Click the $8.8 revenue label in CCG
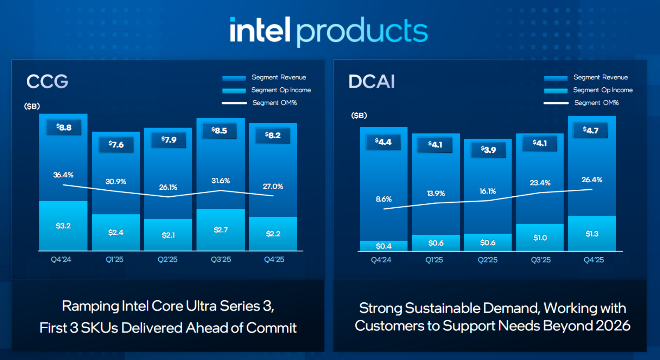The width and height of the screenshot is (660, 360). click(64, 127)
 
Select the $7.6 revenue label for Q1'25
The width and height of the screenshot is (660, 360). click(116, 144)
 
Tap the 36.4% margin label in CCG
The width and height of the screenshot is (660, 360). click(63, 175)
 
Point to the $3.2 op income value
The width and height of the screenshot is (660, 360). click(63, 226)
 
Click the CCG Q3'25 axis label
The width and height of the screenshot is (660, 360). click(221, 260)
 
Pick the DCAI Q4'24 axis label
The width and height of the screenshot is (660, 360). click(381, 260)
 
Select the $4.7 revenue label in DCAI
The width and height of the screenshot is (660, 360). click(591, 130)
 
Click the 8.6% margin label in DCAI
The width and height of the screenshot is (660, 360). click(383, 199)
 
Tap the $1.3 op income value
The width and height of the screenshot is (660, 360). click(592, 234)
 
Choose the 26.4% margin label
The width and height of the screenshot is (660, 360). click(592, 180)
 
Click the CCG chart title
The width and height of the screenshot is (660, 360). click(47, 82)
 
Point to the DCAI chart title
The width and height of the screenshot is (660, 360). click(372, 82)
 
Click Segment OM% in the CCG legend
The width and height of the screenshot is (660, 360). click(274, 103)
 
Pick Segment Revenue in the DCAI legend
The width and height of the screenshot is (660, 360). click(601, 77)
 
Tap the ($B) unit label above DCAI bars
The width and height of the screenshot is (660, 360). click(359, 115)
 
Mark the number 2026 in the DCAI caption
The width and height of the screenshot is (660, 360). click(613, 326)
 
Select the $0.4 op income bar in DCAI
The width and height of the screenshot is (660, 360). click(383, 246)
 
